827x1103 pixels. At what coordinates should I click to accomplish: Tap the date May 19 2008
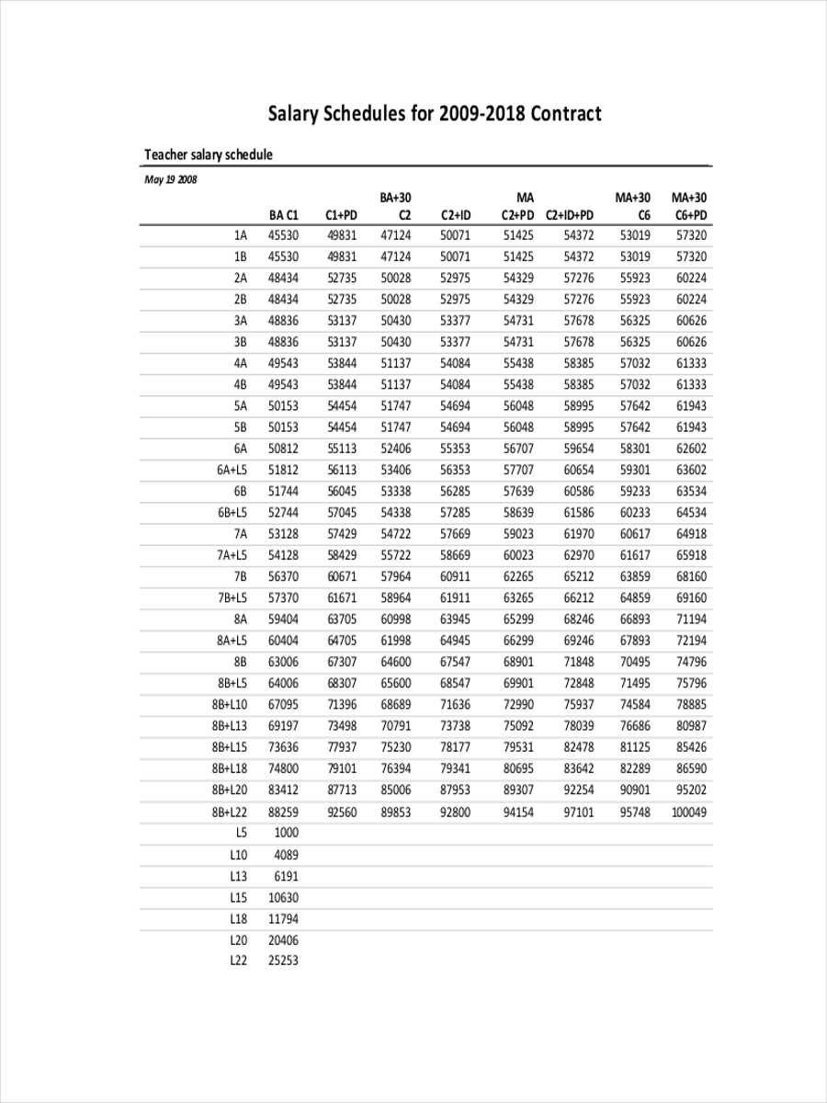pos(171,179)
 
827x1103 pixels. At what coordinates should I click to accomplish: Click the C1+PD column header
pos(342,215)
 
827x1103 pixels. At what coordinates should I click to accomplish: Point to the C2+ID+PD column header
pos(570,215)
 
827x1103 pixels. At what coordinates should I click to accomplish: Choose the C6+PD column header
pos(691,215)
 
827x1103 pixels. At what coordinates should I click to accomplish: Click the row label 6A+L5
pos(232,470)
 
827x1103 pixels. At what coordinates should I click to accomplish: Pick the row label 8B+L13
pos(230,726)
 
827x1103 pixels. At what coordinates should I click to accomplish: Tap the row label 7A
pos(241,534)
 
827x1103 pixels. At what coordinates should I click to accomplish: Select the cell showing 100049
pos(689,813)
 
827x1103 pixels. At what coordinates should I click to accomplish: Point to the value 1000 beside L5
pos(287,833)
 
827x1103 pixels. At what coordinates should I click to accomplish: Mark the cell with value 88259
pos(283,813)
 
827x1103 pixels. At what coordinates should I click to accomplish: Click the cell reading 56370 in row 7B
pos(283,577)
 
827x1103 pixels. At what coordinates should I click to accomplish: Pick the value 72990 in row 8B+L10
pos(518,705)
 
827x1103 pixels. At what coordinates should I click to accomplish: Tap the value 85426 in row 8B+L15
pos(691,747)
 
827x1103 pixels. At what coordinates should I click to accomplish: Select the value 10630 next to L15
pos(283,897)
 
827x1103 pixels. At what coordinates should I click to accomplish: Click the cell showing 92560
pos(342,813)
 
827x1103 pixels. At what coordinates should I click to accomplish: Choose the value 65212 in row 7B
pos(579,577)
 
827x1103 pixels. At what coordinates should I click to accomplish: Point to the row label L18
pos(239,919)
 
